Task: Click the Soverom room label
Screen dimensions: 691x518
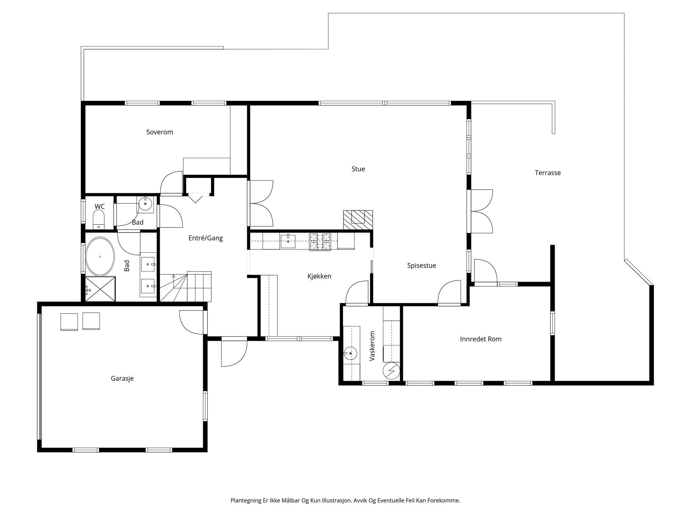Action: (160, 132)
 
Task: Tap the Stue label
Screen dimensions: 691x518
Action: (358, 169)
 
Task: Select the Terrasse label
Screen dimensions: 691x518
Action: (548, 173)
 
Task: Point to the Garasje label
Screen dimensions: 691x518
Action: (122, 379)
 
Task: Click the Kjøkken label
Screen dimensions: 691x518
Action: (319, 276)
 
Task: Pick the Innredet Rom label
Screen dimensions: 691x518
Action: (480, 339)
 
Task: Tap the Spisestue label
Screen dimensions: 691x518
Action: (421, 266)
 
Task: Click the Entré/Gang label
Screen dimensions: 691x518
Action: (205, 238)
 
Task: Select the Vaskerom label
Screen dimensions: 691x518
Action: (372, 346)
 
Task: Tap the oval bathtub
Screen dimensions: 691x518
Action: (100, 257)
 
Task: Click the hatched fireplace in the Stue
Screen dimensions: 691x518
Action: (358, 220)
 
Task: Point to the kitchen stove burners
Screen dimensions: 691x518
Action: (320, 241)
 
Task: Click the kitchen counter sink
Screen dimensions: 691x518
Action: (288, 241)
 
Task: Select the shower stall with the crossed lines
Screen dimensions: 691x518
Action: (100, 289)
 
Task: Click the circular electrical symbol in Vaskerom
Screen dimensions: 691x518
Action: (391, 371)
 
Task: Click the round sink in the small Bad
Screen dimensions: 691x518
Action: (145, 204)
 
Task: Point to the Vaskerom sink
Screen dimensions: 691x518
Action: (351, 353)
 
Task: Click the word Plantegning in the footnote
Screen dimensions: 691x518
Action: (246, 500)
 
